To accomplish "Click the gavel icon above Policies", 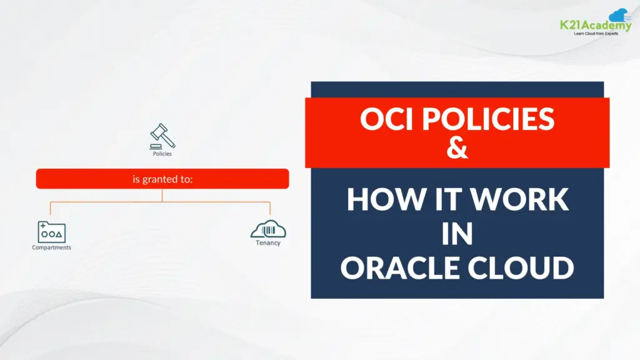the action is pyautogui.click(x=162, y=136).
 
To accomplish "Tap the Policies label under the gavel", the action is pyautogui.click(x=162, y=154).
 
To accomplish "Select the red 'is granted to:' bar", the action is pyautogui.click(x=162, y=179).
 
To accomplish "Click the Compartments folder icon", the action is pyautogui.click(x=51, y=232).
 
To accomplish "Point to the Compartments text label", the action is pyautogui.click(x=51, y=247).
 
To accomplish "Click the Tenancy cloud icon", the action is pyautogui.click(x=268, y=229).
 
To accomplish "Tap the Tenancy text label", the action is pyautogui.click(x=268, y=243).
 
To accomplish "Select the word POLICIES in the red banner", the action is pyautogui.click(x=488, y=119).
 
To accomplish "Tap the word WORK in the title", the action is pyautogui.click(x=519, y=199).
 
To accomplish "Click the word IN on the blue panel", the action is pyautogui.click(x=457, y=234).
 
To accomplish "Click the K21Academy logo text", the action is pyautogui.click(x=596, y=25).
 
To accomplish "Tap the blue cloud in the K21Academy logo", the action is pyautogui.click(x=619, y=15).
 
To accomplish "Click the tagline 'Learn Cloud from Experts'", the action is pyautogui.click(x=596, y=34).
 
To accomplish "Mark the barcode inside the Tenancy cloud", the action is pyautogui.click(x=268, y=231).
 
